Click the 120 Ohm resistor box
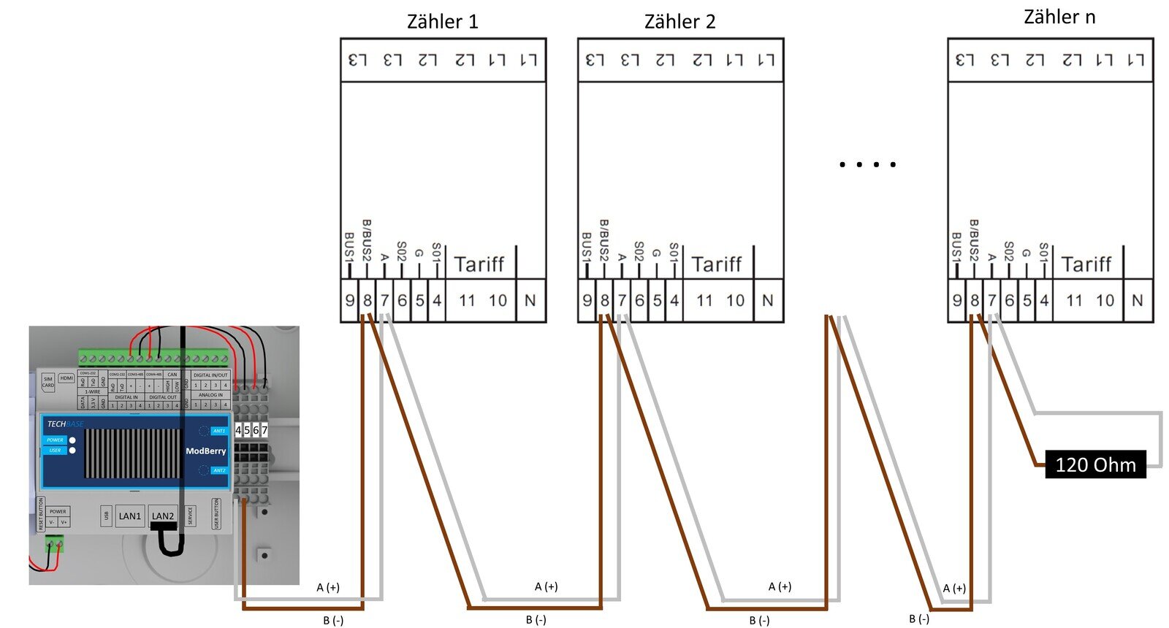1095,464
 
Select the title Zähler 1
442,22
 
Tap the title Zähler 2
679,22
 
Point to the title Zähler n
1059,18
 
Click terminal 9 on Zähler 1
350,300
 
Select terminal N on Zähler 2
767,300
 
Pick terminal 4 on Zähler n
1044,300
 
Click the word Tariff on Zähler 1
479,264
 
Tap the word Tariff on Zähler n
1086,264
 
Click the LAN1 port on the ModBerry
130,516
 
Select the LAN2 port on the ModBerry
163,516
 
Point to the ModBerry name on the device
205,451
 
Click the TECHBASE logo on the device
65,424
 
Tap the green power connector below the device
54,543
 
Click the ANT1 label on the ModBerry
219,432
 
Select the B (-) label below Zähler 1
333,621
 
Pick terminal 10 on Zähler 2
736,300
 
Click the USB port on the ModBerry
107,516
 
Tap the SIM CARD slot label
48,382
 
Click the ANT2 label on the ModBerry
219,471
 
